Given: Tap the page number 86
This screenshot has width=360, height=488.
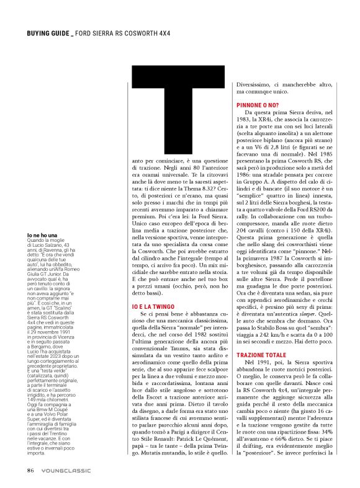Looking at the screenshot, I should tap(30, 469).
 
